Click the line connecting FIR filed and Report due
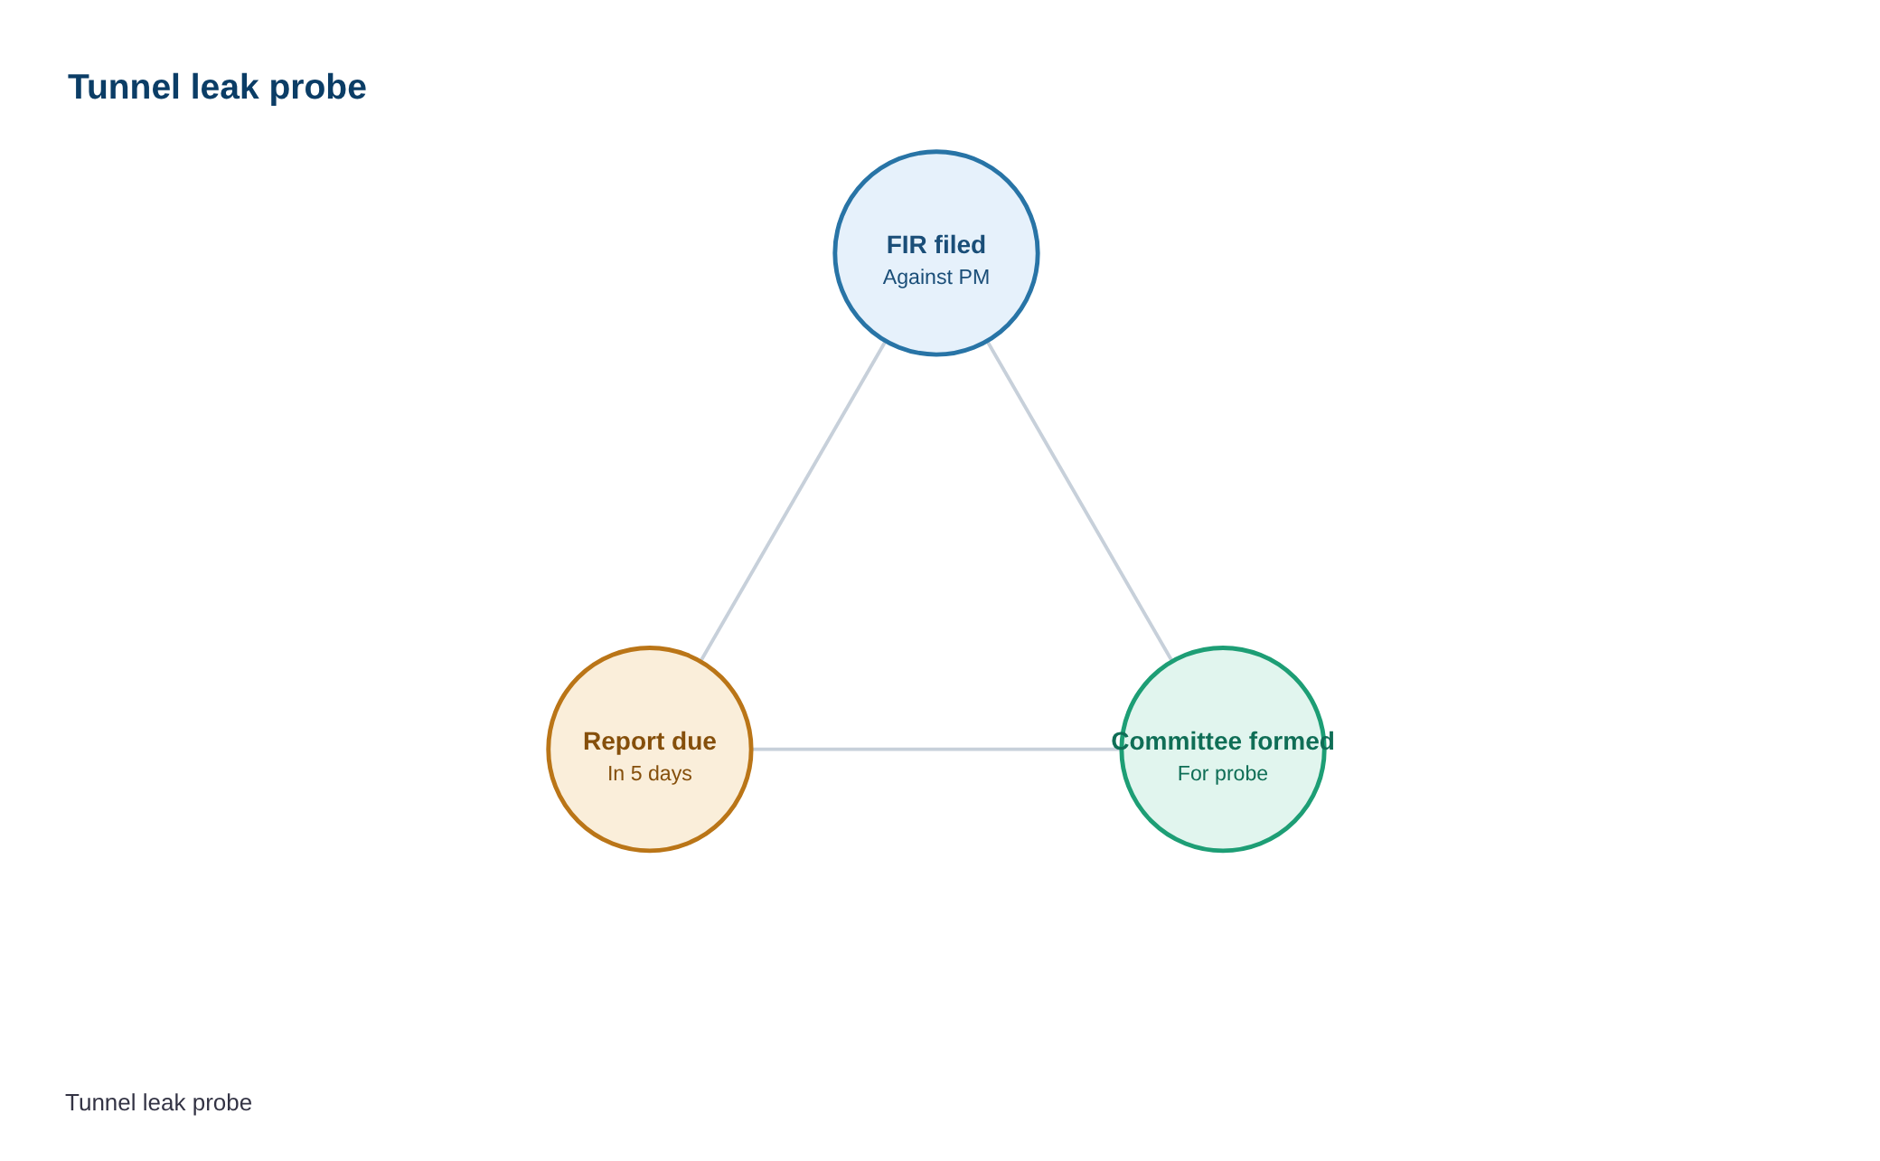tap(793, 501)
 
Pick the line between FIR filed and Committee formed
tap(1080, 501)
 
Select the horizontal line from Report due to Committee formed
tap(936, 749)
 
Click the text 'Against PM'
tap(936, 277)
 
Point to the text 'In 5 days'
tap(650, 774)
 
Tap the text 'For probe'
tap(1223, 774)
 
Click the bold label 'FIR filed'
tap(936, 245)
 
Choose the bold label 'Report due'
tap(650, 741)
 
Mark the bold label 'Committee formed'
tap(1223, 741)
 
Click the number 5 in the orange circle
tap(636, 774)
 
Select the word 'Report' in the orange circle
tap(624, 742)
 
